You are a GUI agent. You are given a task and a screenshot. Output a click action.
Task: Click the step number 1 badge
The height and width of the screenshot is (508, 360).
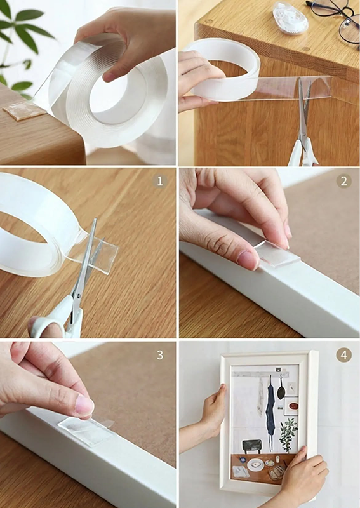(160, 182)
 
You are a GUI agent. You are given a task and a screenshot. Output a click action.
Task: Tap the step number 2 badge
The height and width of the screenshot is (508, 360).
(343, 182)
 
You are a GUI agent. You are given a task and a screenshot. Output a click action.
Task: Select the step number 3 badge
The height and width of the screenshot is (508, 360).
(160, 355)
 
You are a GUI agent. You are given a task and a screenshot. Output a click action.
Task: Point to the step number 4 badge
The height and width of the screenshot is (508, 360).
(343, 355)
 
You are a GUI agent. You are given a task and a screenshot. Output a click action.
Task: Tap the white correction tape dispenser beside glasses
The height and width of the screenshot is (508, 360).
(290, 17)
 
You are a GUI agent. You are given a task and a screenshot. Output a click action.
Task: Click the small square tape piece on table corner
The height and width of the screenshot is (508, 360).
(24, 110)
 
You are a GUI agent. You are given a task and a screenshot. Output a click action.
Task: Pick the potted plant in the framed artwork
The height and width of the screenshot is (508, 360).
(288, 434)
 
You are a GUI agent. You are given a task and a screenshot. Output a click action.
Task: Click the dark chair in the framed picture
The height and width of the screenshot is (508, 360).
(252, 446)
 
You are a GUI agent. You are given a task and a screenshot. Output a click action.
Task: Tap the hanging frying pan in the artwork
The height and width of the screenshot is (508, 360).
(281, 388)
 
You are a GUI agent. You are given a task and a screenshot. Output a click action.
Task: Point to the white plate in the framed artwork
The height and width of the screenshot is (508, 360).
(256, 465)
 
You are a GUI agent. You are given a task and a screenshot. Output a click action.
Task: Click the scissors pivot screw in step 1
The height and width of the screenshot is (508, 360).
(77, 295)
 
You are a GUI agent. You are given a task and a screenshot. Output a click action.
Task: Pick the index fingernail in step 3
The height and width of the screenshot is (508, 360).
(85, 406)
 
